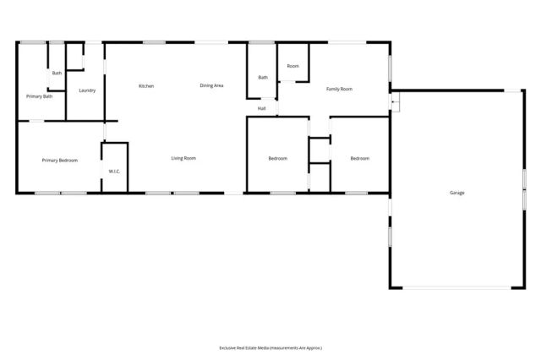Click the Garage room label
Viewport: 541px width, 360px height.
pyautogui.click(x=456, y=193)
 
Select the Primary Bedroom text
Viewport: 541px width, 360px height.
pyautogui.click(x=60, y=159)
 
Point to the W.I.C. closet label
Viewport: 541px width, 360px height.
pyautogui.click(x=114, y=172)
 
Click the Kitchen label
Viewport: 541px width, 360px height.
pyautogui.click(x=146, y=85)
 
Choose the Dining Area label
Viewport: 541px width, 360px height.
pyautogui.click(x=211, y=85)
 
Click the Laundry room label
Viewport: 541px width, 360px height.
pyautogui.click(x=86, y=90)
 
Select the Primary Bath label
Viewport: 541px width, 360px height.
pyautogui.click(x=40, y=96)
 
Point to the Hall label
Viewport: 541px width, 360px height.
pyautogui.click(x=262, y=108)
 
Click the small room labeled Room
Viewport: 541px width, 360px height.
pyautogui.click(x=292, y=66)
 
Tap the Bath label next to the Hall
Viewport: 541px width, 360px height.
pyautogui.click(x=263, y=78)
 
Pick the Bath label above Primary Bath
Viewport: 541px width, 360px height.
pyautogui.click(x=57, y=74)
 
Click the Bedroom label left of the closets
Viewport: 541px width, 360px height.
pyautogui.click(x=278, y=158)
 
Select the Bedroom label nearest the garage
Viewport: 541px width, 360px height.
pyautogui.click(x=360, y=158)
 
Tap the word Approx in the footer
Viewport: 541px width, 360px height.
pyautogui.click(x=311, y=347)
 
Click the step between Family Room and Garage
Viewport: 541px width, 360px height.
pyautogui.click(x=394, y=101)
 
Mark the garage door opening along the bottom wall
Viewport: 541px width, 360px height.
pyautogui.click(x=456, y=288)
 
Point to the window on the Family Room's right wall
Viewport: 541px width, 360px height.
pyautogui.click(x=390, y=68)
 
